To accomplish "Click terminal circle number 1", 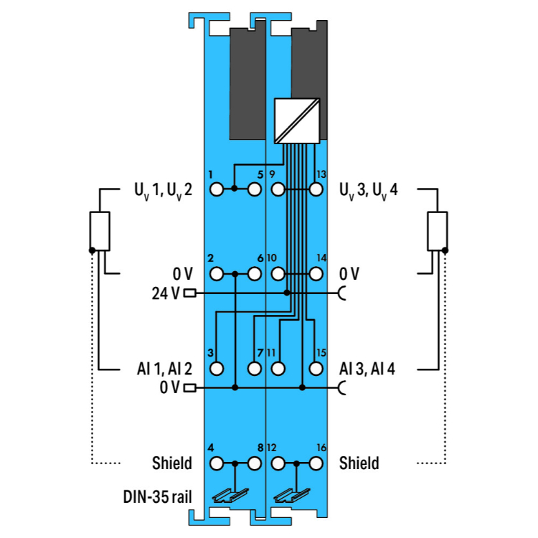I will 217,190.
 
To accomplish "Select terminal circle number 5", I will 254,190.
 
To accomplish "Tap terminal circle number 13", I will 315,190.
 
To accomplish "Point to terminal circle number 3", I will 217,369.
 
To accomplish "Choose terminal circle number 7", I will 254,369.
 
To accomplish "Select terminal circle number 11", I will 278,369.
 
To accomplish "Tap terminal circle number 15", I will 315,369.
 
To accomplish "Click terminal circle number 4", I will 217,463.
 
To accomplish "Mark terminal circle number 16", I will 315,463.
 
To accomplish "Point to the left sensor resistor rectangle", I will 100,231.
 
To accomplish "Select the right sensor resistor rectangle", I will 437,231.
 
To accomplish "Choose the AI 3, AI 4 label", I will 367,369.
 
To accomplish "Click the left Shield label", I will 172,463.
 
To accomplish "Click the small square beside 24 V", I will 190,293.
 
